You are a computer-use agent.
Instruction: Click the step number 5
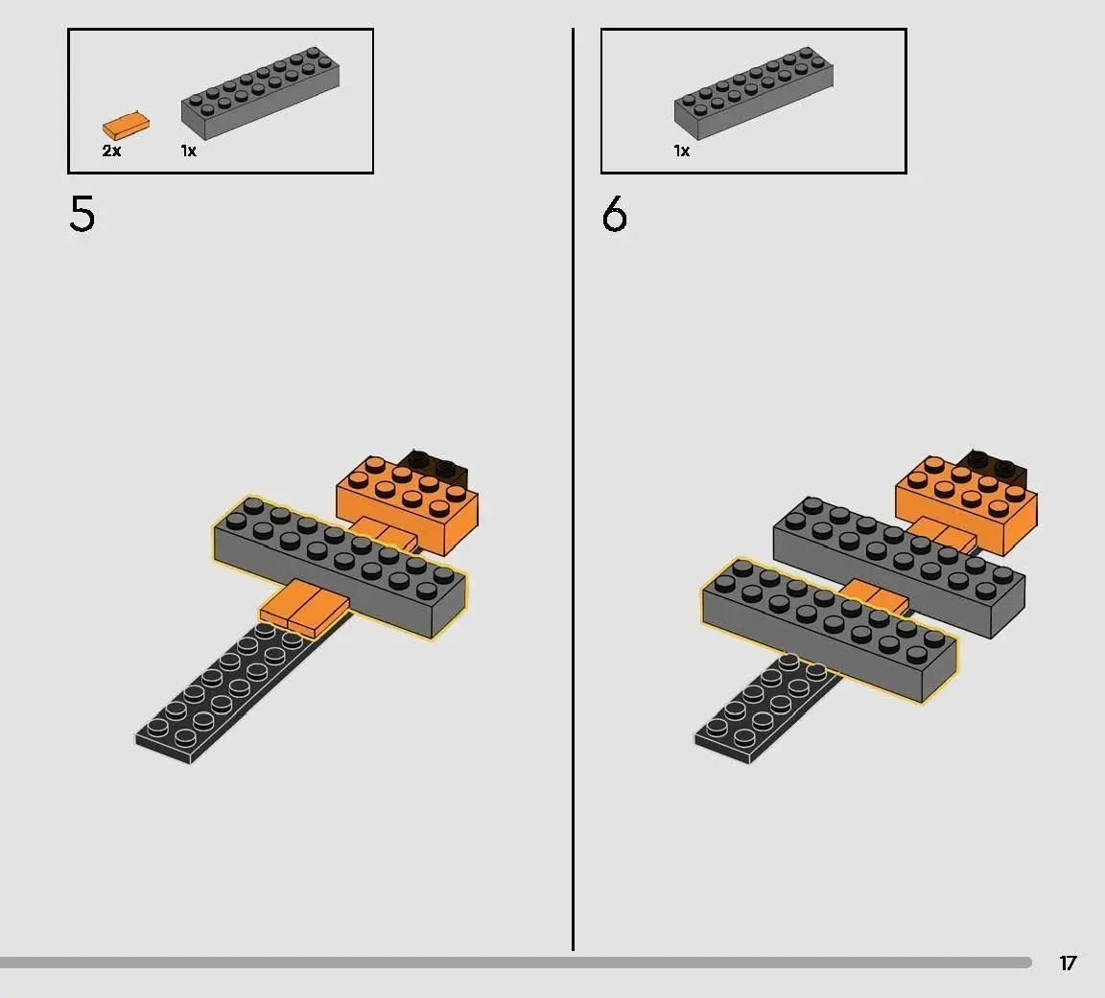82,214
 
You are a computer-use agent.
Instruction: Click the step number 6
615,214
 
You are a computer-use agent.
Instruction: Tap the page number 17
1068,963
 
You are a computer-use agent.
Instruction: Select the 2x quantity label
111,151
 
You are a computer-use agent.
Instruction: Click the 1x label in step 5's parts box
188,151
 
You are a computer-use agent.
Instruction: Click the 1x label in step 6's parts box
681,151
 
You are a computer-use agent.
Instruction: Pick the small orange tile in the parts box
127,126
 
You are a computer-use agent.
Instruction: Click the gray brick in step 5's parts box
260,92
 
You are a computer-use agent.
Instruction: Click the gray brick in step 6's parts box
753,92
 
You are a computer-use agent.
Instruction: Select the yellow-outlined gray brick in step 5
339,567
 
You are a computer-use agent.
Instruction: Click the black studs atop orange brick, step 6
995,465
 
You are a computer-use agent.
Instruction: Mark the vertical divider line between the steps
573,490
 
